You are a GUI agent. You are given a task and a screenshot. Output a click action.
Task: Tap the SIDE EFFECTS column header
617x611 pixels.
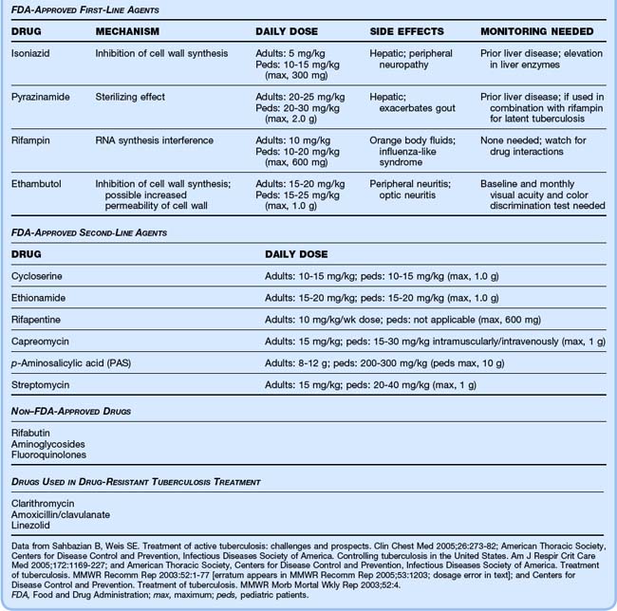pyautogui.click(x=408, y=31)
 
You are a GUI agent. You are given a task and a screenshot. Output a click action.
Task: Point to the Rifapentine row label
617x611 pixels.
pyautogui.click(x=38, y=319)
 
